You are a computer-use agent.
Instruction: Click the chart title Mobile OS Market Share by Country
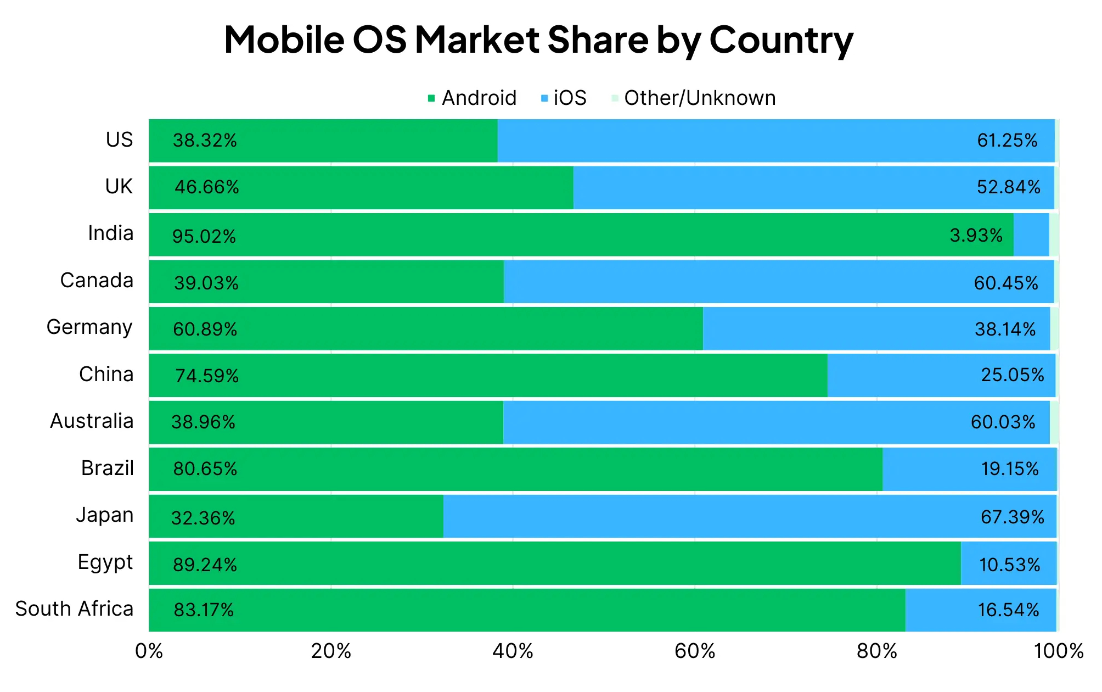[x=538, y=40]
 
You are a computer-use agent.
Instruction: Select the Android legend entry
[x=472, y=98]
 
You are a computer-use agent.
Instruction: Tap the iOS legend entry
[x=564, y=98]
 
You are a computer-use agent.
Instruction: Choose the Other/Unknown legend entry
[x=693, y=98]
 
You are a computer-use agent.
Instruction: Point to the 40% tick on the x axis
[x=513, y=651]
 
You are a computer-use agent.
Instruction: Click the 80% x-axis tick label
[x=876, y=651]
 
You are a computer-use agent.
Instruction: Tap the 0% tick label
[x=149, y=651]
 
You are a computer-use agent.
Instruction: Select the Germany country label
[x=89, y=327]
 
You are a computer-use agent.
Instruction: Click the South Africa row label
[x=74, y=609]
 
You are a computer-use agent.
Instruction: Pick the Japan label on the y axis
[x=104, y=515]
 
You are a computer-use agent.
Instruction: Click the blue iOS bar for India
[x=1031, y=235]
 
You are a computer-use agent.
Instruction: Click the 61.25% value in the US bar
[x=1007, y=141]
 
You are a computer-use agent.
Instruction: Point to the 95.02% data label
[x=204, y=236]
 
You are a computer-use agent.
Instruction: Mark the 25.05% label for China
[x=1012, y=375]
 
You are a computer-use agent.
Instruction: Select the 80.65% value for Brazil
[x=205, y=469]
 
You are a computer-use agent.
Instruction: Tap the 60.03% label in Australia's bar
[x=1003, y=422]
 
